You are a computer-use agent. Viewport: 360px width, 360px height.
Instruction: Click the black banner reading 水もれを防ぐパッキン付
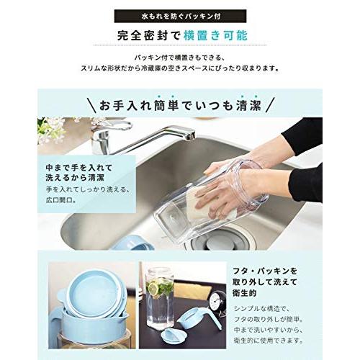point(180,14)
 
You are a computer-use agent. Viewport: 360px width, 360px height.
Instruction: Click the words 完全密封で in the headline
point(146,35)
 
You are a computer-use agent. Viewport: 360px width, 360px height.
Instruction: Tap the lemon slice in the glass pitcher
point(153,289)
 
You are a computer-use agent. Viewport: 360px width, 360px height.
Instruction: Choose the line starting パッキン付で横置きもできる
point(180,56)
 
